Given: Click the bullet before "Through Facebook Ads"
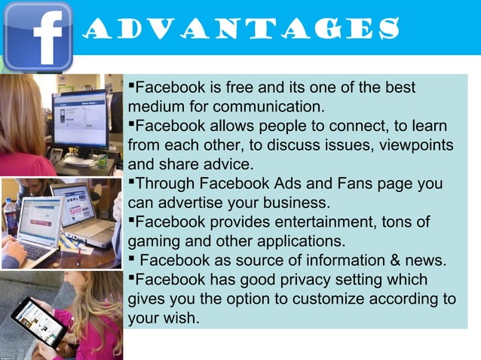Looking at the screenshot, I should point(132,182).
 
